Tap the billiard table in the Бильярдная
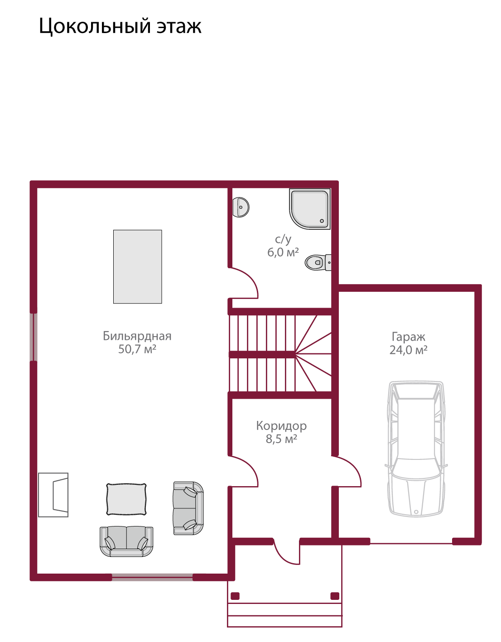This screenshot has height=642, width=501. (x=138, y=266)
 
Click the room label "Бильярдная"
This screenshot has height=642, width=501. (x=137, y=336)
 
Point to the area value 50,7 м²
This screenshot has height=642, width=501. (x=137, y=349)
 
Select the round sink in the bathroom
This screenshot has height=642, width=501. (x=241, y=208)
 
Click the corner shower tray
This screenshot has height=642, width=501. (x=309, y=209)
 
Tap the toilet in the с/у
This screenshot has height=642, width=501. (x=318, y=262)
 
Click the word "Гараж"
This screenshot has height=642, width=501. (x=408, y=337)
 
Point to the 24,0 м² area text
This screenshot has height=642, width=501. (x=408, y=350)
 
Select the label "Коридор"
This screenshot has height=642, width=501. (x=281, y=426)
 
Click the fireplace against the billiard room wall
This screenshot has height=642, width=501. (x=53, y=495)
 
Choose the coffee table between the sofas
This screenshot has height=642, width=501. (x=126, y=499)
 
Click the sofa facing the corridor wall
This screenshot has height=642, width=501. (x=188, y=508)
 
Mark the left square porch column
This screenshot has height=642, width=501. (x=235, y=596)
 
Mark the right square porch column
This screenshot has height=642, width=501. (x=335, y=596)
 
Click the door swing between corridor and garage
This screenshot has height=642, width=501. (x=346, y=471)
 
